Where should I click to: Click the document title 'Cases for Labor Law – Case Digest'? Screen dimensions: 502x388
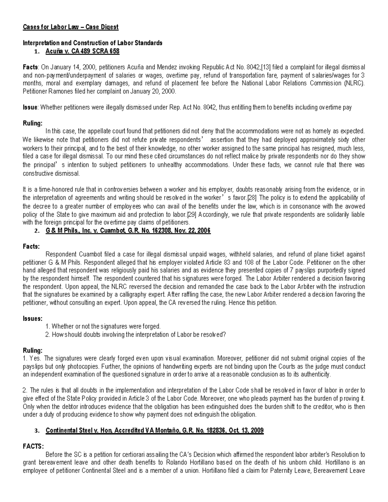pyautogui.click(x=70, y=27)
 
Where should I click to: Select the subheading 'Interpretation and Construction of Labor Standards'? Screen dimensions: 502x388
pyautogui.click(x=92, y=43)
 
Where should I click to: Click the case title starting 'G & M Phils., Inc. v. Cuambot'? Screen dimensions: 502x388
pyautogui.click(x=128, y=231)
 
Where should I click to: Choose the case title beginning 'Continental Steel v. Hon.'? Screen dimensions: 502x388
pyautogui.click(x=155, y=431)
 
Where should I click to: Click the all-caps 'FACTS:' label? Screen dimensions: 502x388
pyautogui.click(x=33, y=446)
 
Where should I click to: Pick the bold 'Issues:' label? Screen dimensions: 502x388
pyautogui.click(x=32, y=318)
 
